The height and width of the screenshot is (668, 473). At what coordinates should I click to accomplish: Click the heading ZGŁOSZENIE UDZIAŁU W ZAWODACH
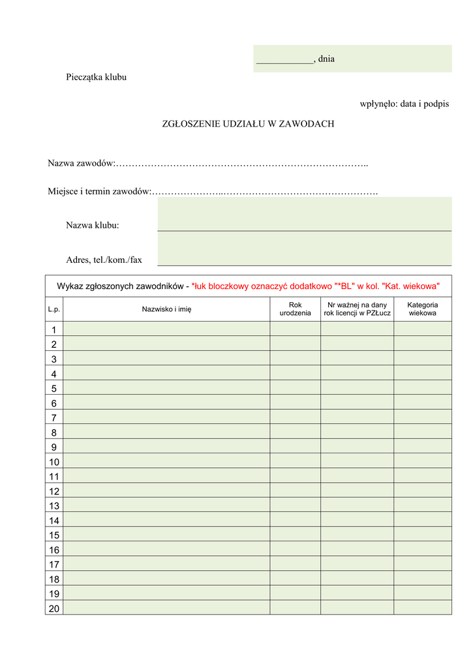tap(248, 124)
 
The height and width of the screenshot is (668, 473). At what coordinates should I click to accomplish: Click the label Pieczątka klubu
tap(96, 77)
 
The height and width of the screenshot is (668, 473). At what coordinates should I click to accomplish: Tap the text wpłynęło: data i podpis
tap(404, 104)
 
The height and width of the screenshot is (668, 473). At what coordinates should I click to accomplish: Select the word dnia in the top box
tap(326, 59)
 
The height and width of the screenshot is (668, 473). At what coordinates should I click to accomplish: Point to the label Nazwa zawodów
tap(81, 162)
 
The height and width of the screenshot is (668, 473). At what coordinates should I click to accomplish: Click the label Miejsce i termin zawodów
tap(99, 191)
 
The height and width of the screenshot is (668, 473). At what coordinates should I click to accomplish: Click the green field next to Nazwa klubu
tap(304, 214)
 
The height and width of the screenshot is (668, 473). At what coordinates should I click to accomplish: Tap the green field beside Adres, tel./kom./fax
tap(304, 249)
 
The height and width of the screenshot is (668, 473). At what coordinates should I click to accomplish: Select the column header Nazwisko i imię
tap(167, 309)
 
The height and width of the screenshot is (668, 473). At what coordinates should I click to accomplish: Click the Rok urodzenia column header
tap(295, 309)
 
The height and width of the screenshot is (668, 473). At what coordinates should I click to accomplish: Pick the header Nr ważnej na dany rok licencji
tap(357, 309)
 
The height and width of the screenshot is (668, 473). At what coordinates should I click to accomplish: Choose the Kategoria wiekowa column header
tap(422, 309)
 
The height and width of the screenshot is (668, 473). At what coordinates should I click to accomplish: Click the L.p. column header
tap(53, 309)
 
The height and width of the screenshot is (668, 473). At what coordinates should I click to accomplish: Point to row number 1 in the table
tap(53, 329)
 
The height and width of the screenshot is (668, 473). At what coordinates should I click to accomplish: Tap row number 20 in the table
tap(53, 608)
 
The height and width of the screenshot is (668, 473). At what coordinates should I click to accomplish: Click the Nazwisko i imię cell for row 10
tap(167, 461)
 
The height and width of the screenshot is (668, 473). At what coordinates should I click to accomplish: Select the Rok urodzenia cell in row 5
tap(295, 387)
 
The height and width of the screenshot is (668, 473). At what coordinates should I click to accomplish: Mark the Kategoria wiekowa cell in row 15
tap(422, 534)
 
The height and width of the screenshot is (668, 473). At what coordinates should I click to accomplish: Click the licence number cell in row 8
tap(357, 432)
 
